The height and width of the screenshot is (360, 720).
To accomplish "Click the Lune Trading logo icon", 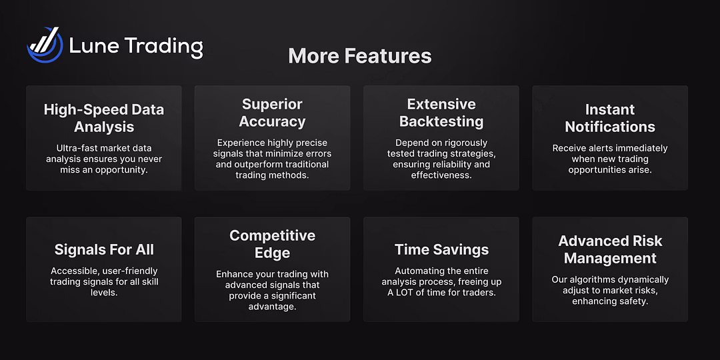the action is click(x=45, y=45).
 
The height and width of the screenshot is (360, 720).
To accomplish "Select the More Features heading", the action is click(x=359, y=56).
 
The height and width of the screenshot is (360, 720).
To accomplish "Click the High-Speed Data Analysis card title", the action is click(x=104, y=118).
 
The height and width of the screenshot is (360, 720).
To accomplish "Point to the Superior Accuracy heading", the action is click(x=272, y=113).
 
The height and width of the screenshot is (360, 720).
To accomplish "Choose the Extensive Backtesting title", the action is click(x=441, y=113).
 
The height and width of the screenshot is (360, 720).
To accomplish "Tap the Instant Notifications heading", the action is click(x=610, y=118).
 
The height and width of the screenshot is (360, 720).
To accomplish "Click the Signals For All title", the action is click(x=104, y=250).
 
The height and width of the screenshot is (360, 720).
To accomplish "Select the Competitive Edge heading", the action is click(x=272, y=244).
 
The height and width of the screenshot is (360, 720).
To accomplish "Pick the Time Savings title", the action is click(x=441, y=250).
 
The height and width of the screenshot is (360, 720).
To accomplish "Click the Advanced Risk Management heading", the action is click(x=610, y=249).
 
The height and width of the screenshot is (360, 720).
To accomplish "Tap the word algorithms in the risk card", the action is click(x=593, y=279).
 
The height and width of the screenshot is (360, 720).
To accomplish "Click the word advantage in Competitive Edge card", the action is click(x=272, y=306).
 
